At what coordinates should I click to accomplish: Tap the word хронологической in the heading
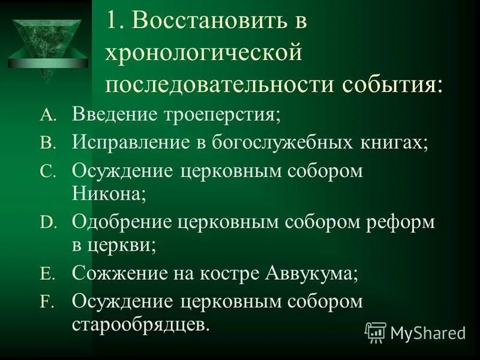click(203, 54)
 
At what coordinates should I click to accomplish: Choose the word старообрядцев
click(141, 325)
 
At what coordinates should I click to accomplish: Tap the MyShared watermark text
click(427, 332)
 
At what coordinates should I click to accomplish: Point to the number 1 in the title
click(113, 25)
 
